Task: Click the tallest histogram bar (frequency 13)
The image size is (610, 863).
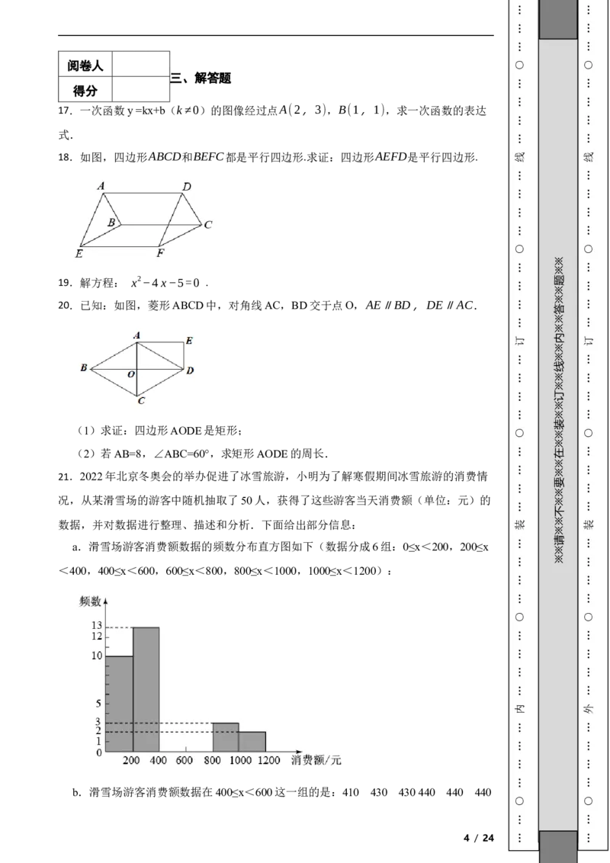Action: (x=146, y=689)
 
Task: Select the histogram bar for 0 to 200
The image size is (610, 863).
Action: (x=119, y=704)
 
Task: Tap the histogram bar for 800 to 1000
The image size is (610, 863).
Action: (x=226, y=737)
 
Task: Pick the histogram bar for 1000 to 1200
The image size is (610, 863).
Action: (x=252, y=742)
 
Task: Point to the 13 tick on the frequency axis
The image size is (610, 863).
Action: (x=97, y=625)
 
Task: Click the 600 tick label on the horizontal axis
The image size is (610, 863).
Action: (x=184, y=760)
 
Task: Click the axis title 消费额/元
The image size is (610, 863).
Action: (x=316, y=760)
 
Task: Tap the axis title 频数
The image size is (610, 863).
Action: (x=90, y=601)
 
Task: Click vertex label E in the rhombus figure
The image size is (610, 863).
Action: (x=189, y=341)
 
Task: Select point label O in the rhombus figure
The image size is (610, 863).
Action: (x=131, y=374)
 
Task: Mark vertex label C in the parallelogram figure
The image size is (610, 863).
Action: (x=207, y=225)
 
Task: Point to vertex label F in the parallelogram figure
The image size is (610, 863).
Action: (x=160, y=253)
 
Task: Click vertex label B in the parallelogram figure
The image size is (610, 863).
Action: (x=111, y=223)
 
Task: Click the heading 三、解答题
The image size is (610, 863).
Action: (x=201, y=79)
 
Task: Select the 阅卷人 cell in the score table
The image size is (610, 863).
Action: (x=85, y=66)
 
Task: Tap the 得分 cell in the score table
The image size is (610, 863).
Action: (x=85, y=90)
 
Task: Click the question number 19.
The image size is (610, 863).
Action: (x=65, y=283)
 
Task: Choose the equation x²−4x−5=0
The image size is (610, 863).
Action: (x=165, y=283)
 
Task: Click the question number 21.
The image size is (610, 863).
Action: (x=65, y=476)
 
